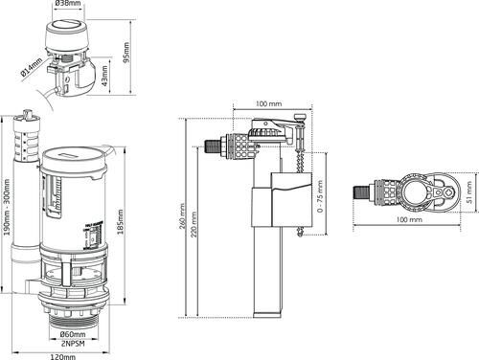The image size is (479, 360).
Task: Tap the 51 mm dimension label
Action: coord(469,197)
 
